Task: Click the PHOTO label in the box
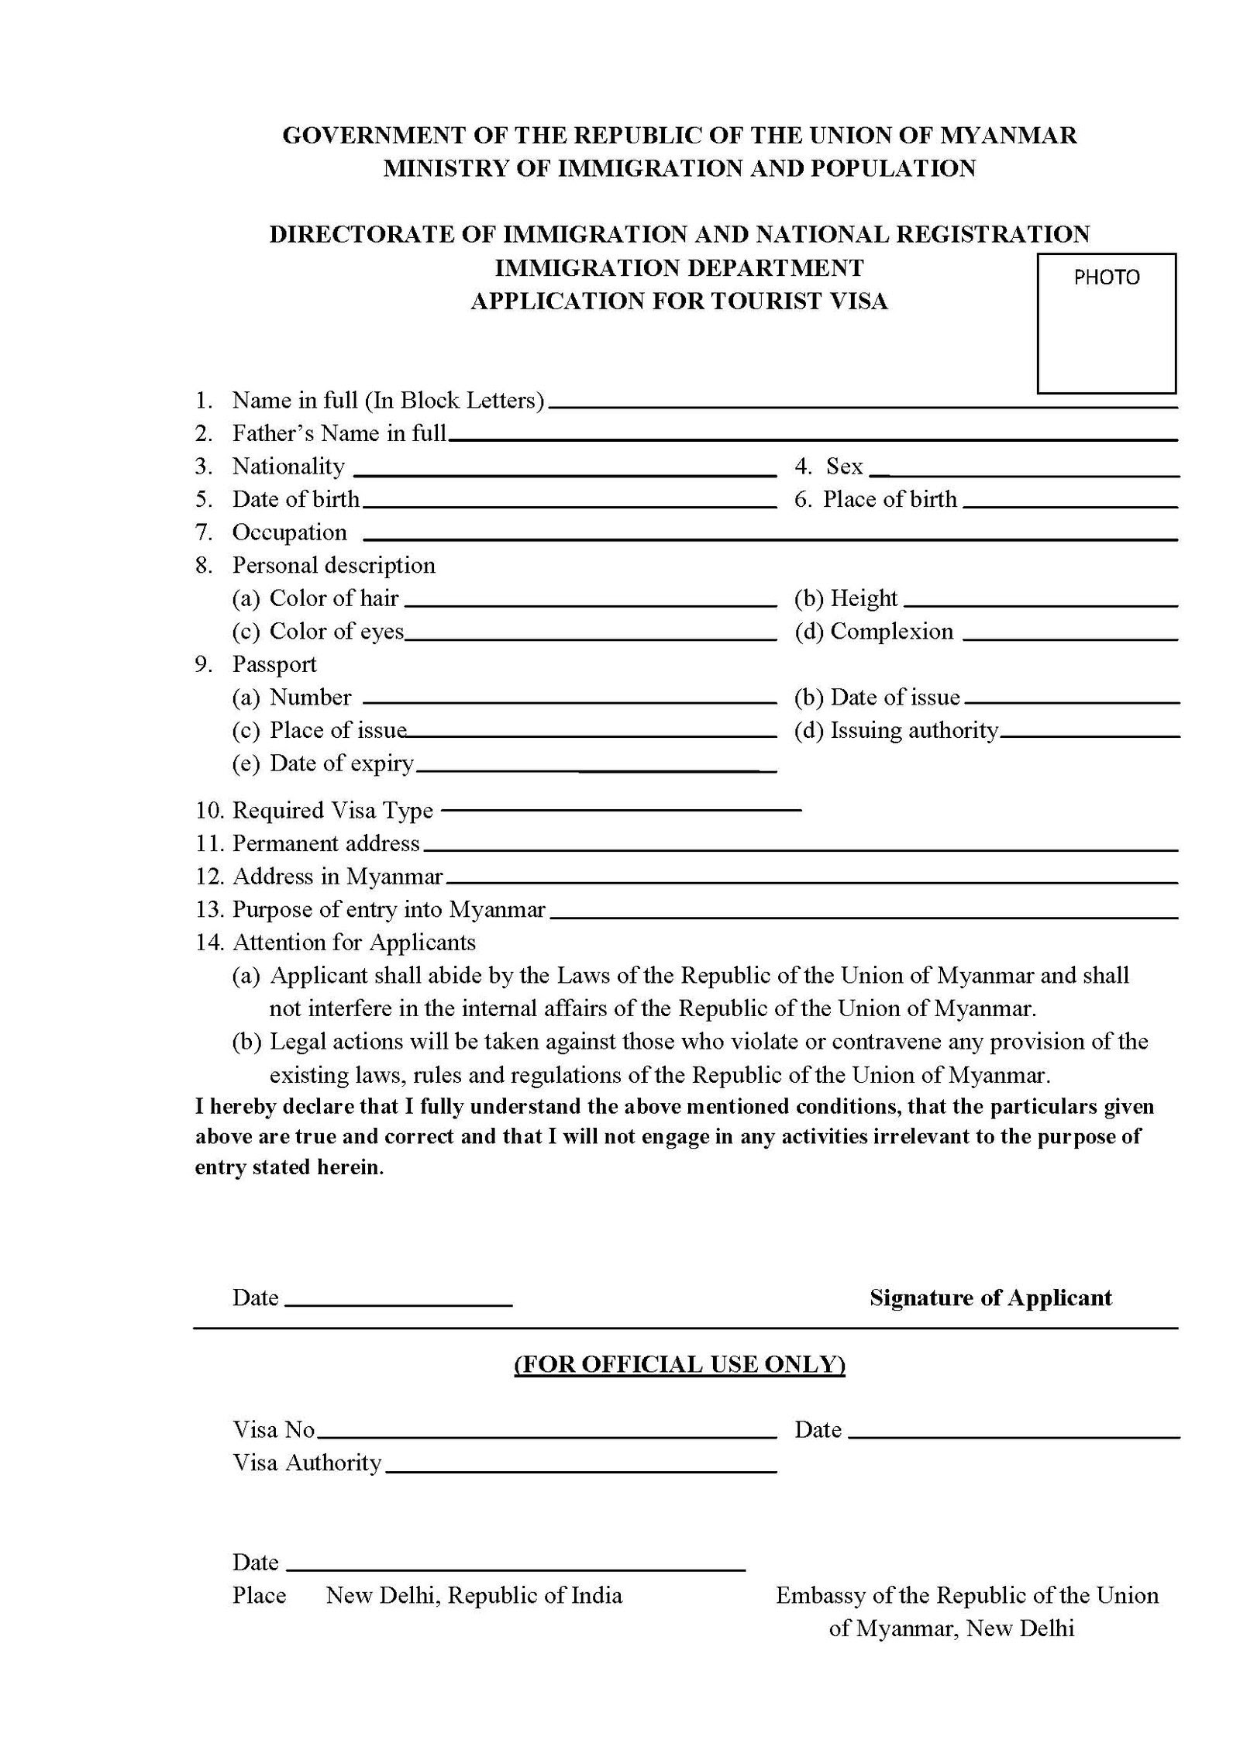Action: tap(1106, 277)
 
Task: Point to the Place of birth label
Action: tap(890, 499)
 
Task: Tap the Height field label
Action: tap(863, 598)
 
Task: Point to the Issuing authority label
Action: tap(914, 730)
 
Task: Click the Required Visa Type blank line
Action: tap(621, 810)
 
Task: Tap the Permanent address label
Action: tap(325, 843)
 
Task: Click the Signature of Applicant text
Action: tap(990, 1297)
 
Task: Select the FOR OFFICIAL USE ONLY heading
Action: tap(679, 1364)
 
